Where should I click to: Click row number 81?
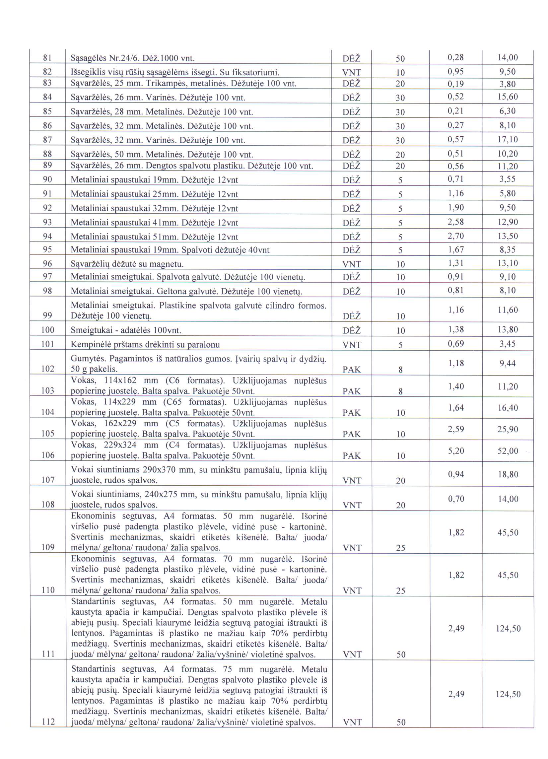coord(47,58)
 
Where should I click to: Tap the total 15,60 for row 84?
coord(508,97)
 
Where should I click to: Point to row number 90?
coord(47,180)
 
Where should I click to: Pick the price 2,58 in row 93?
coord(456,222)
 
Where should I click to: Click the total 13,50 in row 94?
coord(508,236)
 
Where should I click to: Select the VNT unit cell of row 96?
coord(352,264)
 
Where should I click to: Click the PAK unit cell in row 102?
coord(352,370)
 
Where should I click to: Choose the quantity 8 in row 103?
coord(400,391)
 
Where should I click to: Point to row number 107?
coord(47,480)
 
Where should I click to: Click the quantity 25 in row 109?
coord(400,548)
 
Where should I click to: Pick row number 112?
coord(48,722)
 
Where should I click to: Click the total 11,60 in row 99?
coord(508,310)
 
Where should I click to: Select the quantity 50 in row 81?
coord(400,59)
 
